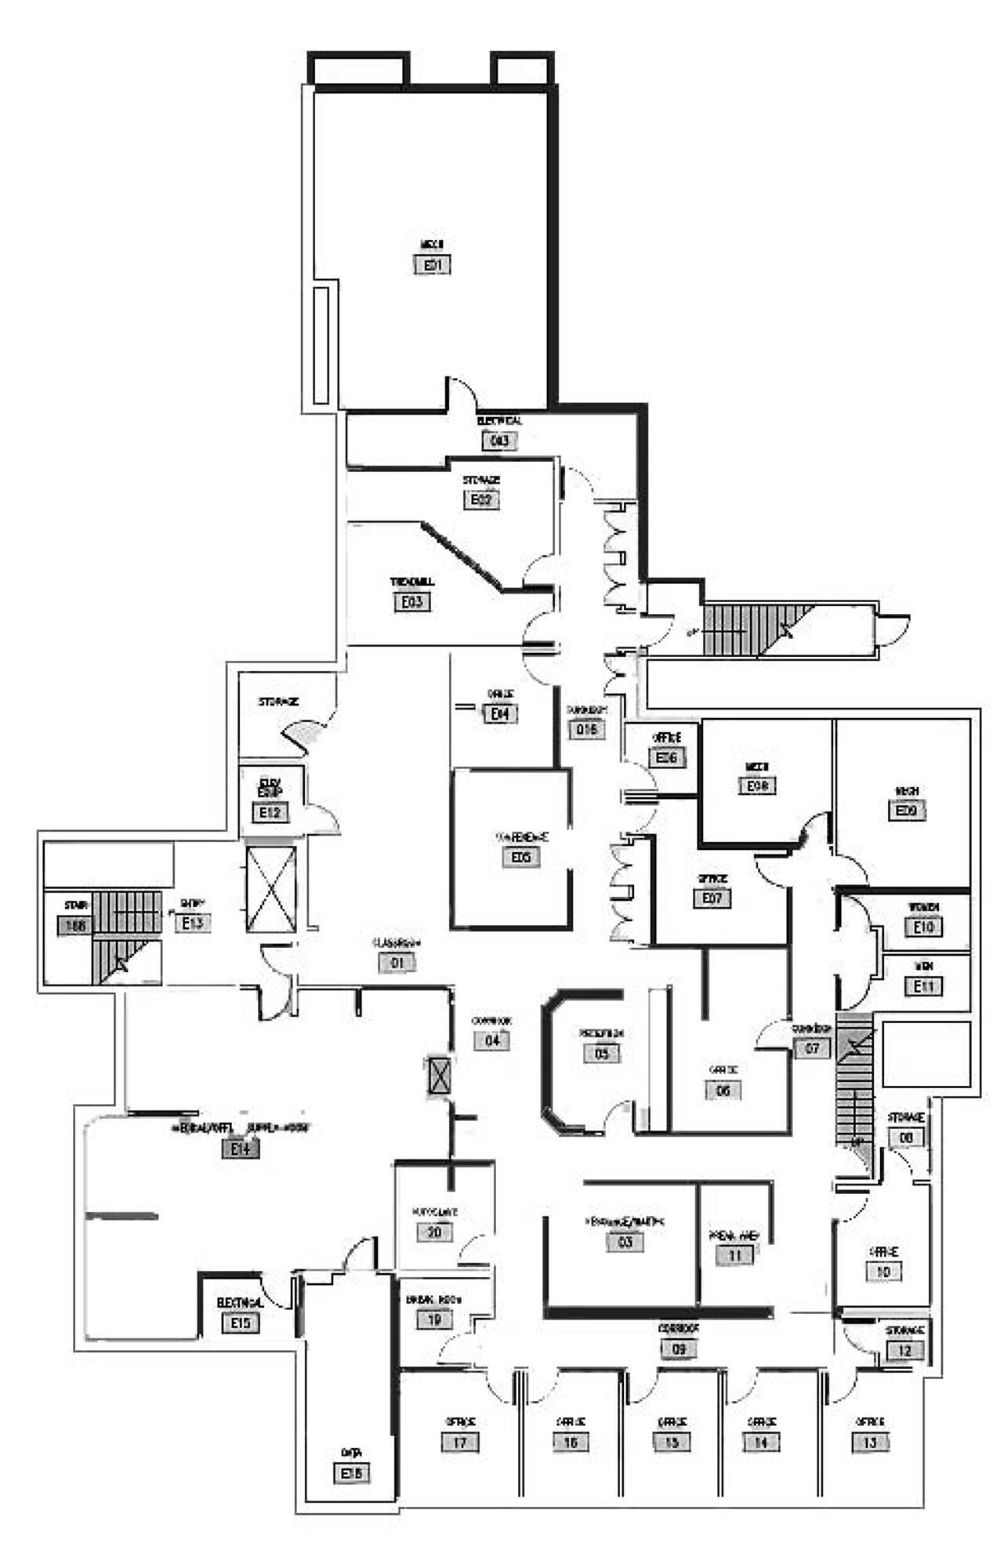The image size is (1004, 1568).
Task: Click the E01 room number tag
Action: coord(433,265)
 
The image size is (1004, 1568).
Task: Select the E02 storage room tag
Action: coord(481,499)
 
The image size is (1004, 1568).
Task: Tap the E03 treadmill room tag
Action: coord(412,602)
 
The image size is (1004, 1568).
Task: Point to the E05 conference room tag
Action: coord(521,857)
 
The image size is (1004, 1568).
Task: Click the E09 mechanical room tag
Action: coord(907,810)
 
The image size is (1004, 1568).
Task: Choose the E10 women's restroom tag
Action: coord(924,927)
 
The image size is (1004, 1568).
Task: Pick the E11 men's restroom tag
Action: coord(924,985)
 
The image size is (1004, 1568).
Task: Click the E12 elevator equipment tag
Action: coord(270,812)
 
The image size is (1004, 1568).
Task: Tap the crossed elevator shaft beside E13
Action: coord(271,889)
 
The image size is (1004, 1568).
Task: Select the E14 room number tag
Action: coord(240,1149)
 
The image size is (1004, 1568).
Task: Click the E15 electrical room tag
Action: coord(240,1323)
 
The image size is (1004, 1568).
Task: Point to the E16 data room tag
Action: coord(352,1473)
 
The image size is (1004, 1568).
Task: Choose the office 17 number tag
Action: coord(460,1442)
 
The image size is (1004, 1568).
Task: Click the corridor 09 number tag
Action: coord(679,1349)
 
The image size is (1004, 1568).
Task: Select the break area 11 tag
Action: coord(735,1255)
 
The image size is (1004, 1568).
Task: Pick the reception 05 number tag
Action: coord(602,1053)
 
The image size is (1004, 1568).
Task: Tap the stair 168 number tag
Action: coord(75,926)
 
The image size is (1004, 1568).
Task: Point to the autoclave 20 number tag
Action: coord(434,1232)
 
